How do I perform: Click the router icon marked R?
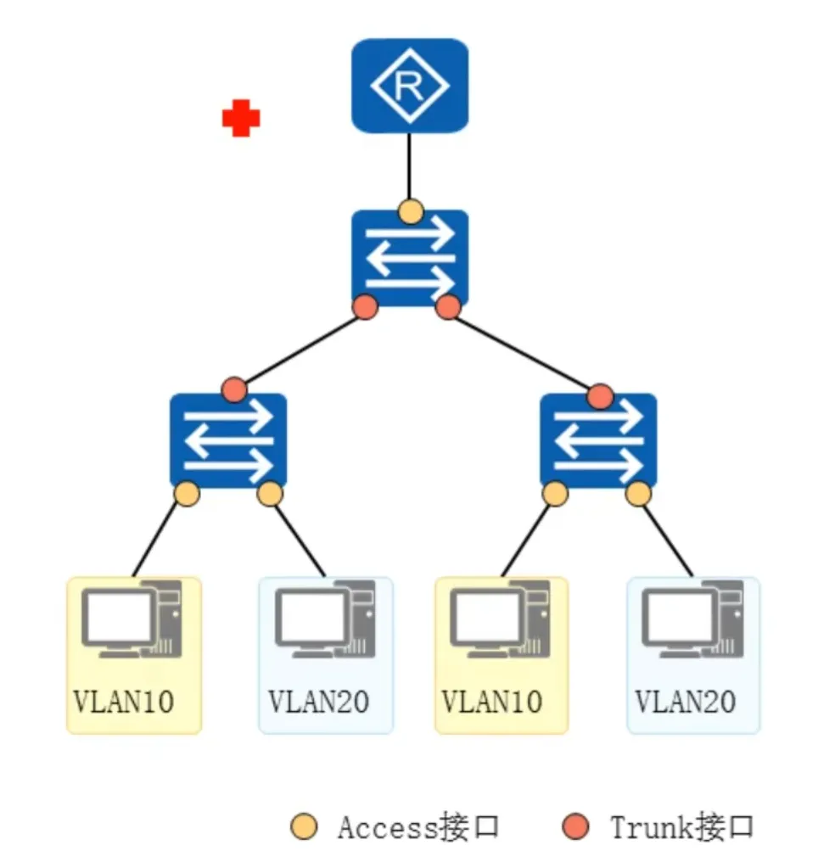tap(410, 86)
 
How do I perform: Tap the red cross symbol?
tap(241, 119)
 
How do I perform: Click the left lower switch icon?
tap(228, 440)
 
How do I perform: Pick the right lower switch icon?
tap(598, 440)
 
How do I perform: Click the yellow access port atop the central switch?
tap(411, 211)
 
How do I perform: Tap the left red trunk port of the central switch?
tap(366, 307)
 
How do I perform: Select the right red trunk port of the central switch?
tap(448, 307)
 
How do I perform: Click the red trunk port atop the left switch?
tap(233, 391)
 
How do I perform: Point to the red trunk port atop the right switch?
tap(600, 395)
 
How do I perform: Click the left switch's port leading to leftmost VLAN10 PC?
tap(187, 493)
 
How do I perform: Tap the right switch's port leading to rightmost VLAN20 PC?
tap(639, 493)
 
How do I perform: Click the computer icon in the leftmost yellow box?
tap(132, 619)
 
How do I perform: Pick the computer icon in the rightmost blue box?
tap(692, 619)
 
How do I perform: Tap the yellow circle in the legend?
tap(303, 826)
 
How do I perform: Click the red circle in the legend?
tap(576, 826)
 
